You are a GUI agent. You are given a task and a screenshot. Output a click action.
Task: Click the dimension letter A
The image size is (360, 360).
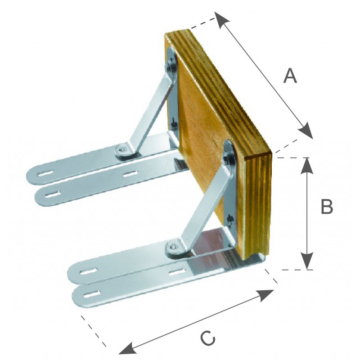click(290, 76)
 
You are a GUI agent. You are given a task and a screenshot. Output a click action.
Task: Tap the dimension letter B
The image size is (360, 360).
click(327, 207)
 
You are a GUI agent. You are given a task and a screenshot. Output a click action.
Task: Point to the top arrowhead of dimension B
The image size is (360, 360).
click(307, 166)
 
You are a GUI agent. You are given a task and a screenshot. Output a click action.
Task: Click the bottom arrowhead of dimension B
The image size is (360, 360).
click(307, 261)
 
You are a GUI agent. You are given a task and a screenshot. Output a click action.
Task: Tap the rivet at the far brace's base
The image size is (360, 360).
click(123, 150)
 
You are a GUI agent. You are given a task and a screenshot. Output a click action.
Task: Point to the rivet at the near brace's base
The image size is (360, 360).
click(174, 247)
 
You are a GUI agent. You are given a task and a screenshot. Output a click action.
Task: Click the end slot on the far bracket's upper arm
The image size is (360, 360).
click(46, 173)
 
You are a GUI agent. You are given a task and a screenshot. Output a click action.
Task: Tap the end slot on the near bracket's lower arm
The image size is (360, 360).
click(92, 294)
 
